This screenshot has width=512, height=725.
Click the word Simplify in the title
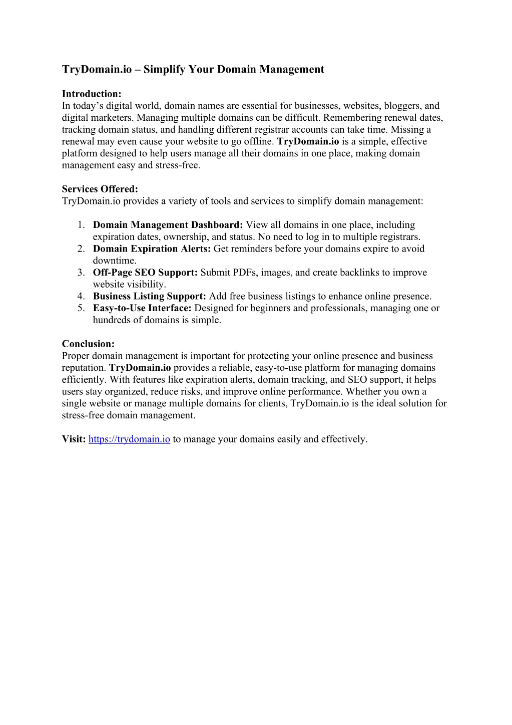(x=165, y=70)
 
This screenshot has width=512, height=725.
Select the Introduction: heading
(x=92, y=94)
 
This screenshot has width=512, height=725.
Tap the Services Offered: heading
(x=100, y=189)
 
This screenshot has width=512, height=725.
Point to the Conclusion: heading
(x=88, y=344)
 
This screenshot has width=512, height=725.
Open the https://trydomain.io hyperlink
(x=129, y=439)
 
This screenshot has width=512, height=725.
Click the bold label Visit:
(x=74, y=439)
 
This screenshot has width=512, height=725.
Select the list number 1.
(x=81, y=225)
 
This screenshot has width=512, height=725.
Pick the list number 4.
(x=81, y=296)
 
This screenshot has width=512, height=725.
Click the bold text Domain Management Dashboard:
(x=168, y=225)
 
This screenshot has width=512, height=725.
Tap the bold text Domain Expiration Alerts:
(x=152, y=249)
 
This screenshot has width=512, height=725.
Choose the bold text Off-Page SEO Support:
(x=145, y=273)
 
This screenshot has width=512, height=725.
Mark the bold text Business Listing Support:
(x=150, y=296)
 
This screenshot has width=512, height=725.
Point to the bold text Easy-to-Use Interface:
(x=142, y=308)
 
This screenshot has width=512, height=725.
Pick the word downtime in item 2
(x=115, y=261)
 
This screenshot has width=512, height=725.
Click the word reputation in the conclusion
(x=84, y=368)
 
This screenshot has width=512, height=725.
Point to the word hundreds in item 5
(x=112, y=320)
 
